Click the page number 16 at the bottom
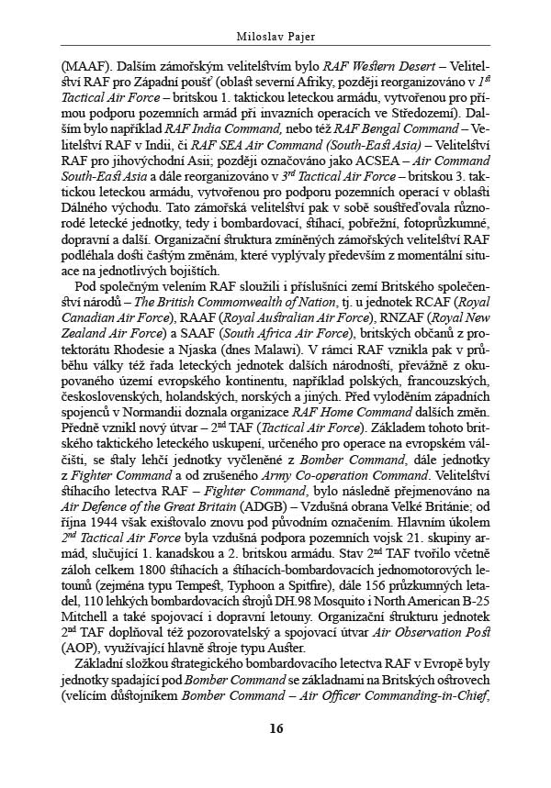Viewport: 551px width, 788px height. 275,729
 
